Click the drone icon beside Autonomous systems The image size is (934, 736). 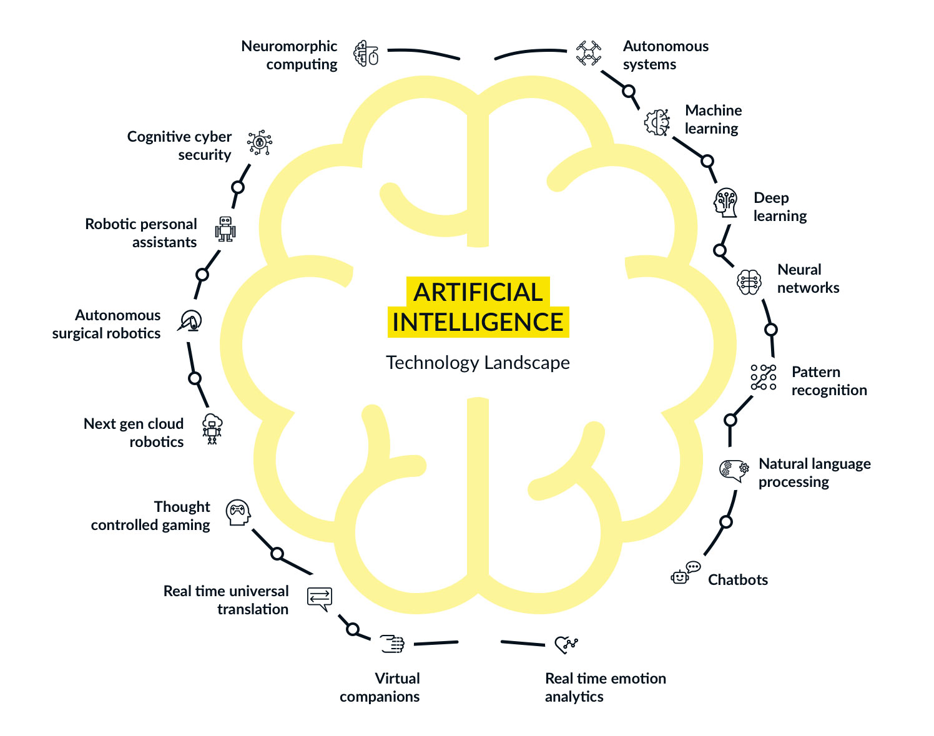tap(588, 53)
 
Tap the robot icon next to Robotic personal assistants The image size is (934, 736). tap(225, 229)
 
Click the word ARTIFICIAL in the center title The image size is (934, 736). tap(478, 292)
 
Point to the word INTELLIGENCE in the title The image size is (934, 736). tap(478, 322)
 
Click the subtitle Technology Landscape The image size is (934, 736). tap(478, 363)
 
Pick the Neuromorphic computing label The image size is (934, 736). tap(289, 55)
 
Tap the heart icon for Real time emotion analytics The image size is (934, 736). tap(566, 644)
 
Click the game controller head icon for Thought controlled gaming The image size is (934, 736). tap(238, 513)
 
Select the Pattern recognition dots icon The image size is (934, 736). tap(764, 378)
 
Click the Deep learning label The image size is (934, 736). tap(780, 207)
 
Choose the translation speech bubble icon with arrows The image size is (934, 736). tap(320, 599)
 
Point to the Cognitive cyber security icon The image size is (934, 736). tap(259, 143)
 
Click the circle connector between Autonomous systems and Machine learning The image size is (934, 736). tap(629, 92)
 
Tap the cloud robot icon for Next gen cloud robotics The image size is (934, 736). tap(212, 429)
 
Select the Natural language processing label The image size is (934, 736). tap(814, 473)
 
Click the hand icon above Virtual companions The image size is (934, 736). tap(393, 644)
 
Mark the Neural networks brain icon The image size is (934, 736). tap(749, 282)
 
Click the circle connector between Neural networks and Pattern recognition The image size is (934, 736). tap(771, 329)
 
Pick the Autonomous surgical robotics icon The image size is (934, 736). tap(190, 321)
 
